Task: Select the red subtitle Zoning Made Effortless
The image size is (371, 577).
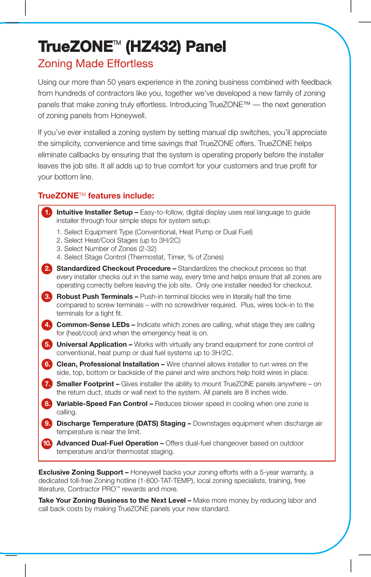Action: click(x=96, y=64)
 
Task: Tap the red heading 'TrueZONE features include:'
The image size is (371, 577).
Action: click(x=96, y=196)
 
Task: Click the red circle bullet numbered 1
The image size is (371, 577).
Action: click(x=47, y=212)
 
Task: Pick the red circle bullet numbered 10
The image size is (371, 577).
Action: click(x=47, y=443)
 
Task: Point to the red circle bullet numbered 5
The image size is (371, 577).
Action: click(x=47, y=344)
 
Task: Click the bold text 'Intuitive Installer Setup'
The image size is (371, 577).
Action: click(x=95, y=212)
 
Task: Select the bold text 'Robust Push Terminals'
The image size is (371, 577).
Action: click(x=95, y=297)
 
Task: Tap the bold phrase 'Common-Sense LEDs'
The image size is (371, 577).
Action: click(x=93, y=325)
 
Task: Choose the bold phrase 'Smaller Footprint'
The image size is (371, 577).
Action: click(x=85, y=384)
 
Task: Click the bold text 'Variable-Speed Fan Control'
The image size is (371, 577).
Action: click(x=102, y=404)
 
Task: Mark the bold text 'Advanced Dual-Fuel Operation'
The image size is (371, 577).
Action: click(x=107, y=443)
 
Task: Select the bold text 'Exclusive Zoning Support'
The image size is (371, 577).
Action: click(x=81, y=472)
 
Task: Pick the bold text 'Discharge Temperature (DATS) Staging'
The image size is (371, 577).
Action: click(x=121, y=423)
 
